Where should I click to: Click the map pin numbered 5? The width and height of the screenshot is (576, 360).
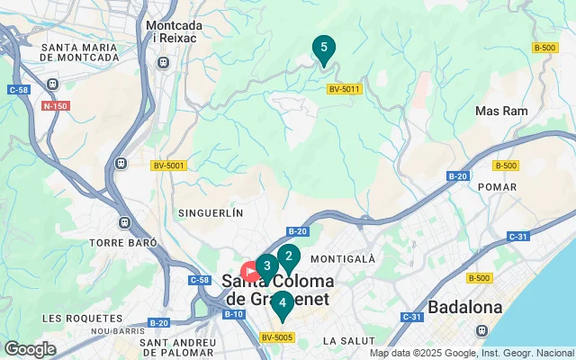coord(323,49)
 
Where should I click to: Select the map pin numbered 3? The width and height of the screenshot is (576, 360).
coord(266,266)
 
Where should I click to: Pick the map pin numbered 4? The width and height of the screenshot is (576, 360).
coord(283,304)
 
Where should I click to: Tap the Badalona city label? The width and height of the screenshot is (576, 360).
coord(464,307)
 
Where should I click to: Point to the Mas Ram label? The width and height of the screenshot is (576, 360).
coord(500,111)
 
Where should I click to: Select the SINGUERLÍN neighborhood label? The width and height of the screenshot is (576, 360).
coord(212,213)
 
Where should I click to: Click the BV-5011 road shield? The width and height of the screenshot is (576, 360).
coord(344,88)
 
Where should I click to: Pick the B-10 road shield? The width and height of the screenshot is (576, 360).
coord(233,313)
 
